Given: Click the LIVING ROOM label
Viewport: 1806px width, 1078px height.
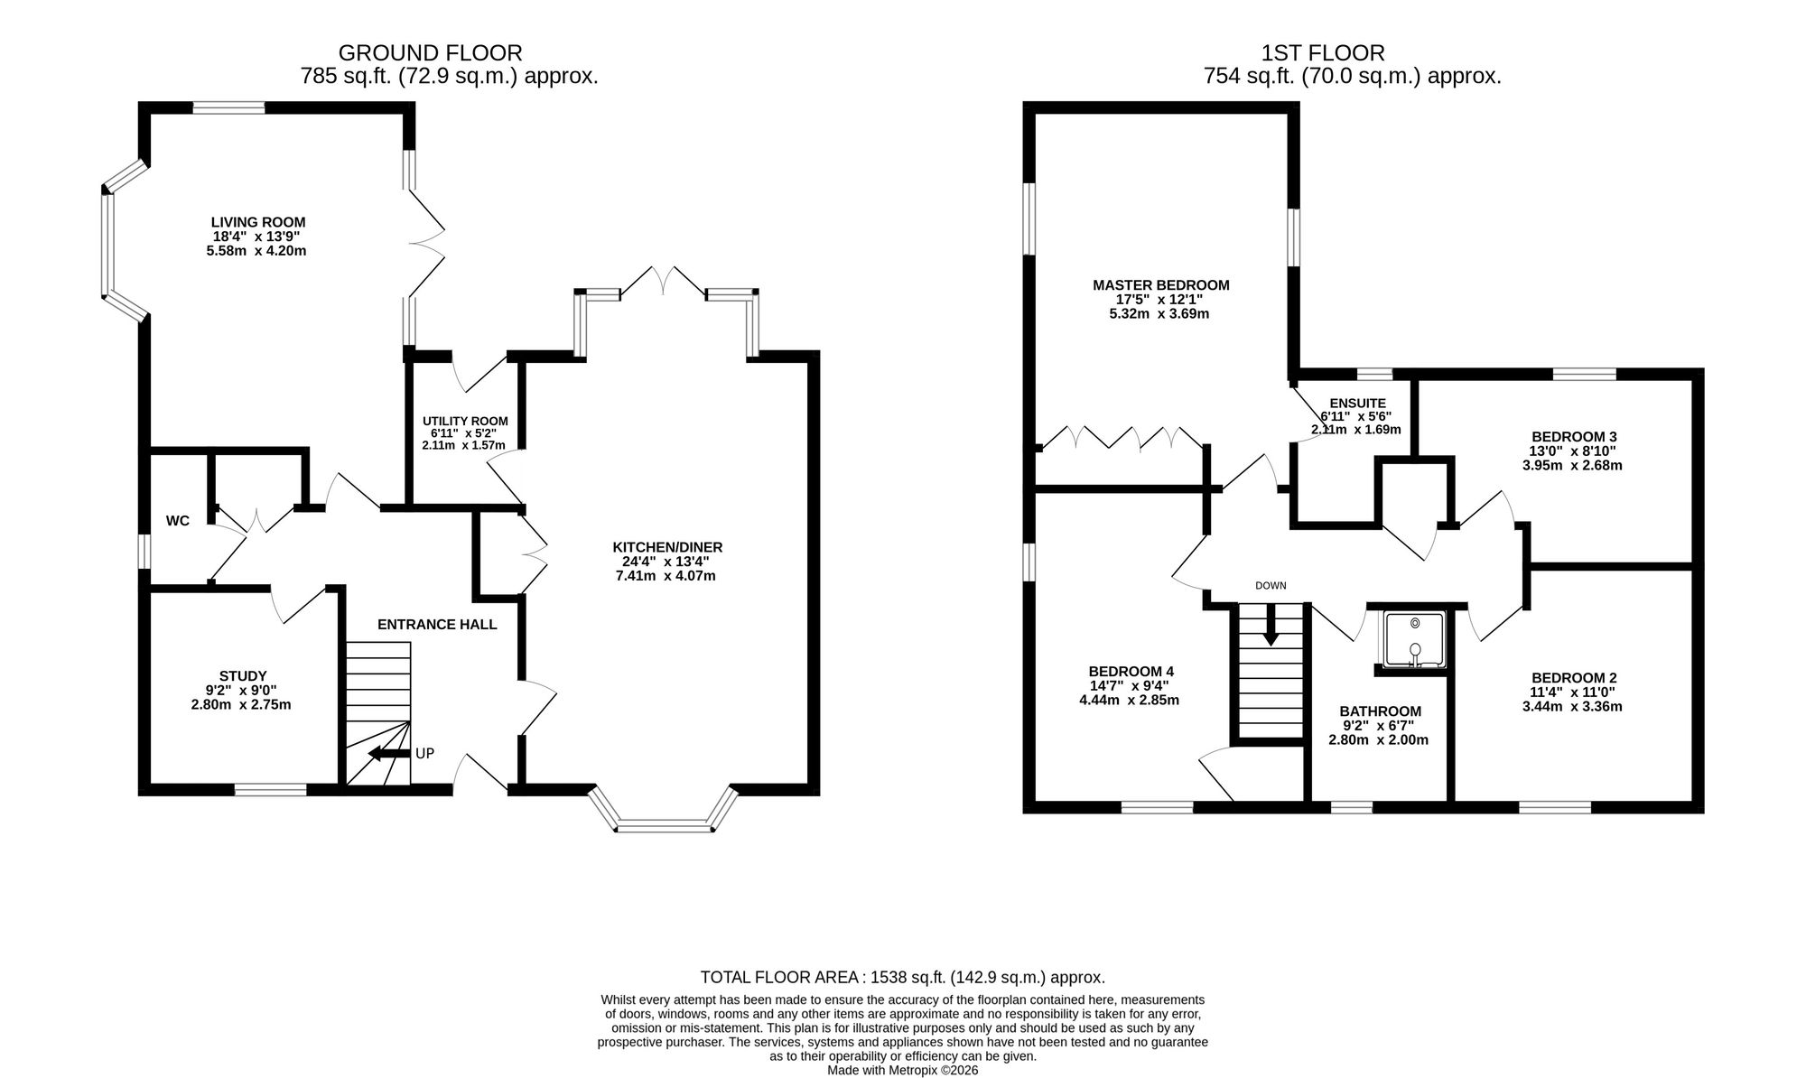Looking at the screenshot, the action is pyautogui.click(x=258, y=222).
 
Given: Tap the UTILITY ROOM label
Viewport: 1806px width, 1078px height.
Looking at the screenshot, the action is pyautogui.click(x=465, y=421).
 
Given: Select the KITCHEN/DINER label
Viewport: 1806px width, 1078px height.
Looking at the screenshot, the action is pyautogui.click(x=667, y=547).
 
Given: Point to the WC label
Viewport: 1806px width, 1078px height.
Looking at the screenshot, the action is pyautogui.click(x=178, y=521).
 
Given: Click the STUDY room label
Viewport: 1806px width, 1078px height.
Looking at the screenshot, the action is pyautogui.click(x=243, y=676).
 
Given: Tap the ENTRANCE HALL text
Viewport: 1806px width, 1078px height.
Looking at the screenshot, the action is pyautogui.click(x=437, y=624).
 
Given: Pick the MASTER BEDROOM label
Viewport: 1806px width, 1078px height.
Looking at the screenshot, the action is pyautogui.click(x=1161, y=285).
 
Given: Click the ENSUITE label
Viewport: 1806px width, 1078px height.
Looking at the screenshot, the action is pyautogui.click(x=1357, y=404).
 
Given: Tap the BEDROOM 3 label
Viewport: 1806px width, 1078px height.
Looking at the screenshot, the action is pyautogui.click(x=1574, y=437).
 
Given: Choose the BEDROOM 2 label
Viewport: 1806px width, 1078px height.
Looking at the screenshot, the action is pyautogui.click(x=1574, y=678).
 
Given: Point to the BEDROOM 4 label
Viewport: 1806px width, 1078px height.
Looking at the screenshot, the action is pyautogui.click(x=1131, y=671).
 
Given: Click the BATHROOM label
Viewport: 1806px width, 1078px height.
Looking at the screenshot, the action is pyautogui.click(x=1380, y=711).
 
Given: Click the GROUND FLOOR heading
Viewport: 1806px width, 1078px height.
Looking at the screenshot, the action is pyautogui.click(x=430, y=53).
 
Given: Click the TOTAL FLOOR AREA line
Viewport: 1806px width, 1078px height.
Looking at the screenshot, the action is pyautogui.click(x=903, y=977).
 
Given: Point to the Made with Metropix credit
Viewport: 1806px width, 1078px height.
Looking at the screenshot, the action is pyautogui.click(x=903, y=1070).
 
